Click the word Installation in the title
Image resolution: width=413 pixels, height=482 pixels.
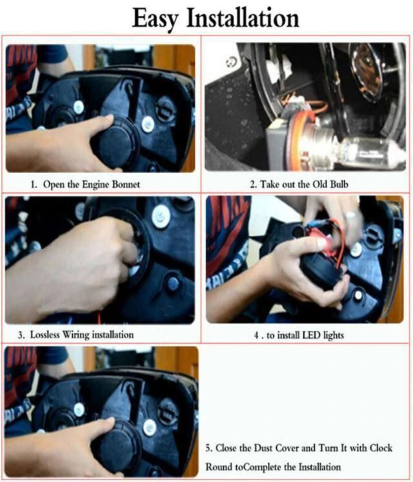[243, 18]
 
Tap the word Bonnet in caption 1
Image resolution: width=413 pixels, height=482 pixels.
[126, 184]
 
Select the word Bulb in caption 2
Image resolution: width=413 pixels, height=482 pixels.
[339, 184]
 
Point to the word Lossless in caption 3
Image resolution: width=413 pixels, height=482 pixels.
[45, 335]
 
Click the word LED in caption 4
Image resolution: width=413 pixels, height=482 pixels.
[311, 335]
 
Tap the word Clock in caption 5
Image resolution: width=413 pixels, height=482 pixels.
[381, 448]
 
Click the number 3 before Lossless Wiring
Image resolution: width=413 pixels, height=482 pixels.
[20, 335]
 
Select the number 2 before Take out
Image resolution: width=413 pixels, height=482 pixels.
[252, 185]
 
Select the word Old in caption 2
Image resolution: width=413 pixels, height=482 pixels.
[320, 184]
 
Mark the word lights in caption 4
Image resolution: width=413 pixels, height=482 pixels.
[333, 335]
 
